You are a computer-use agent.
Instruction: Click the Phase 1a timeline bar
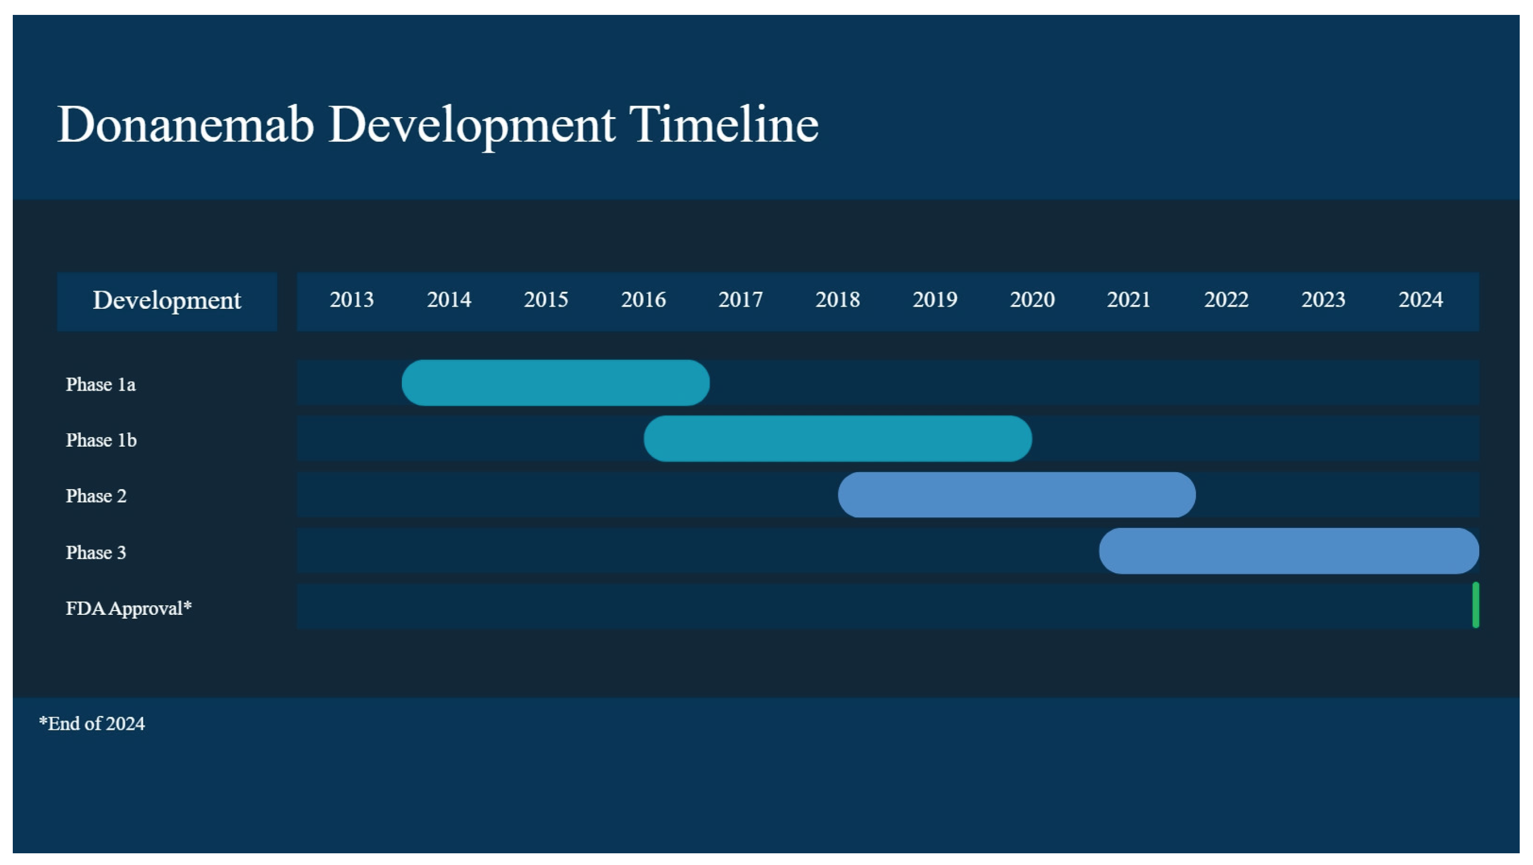point(555,382)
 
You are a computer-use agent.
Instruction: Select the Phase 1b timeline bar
point(837,438)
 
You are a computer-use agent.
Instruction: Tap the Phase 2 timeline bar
point(1017,494)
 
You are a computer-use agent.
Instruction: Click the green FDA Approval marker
point(1476,605)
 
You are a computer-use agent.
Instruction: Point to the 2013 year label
point(351,300)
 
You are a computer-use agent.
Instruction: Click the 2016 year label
point(644,300)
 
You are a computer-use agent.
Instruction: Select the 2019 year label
point(935,300)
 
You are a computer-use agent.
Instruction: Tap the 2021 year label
point(1128,300)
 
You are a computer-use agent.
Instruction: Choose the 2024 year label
point(1421,300)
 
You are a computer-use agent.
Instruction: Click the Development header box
point(167,301)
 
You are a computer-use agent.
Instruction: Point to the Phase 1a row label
point(101,384)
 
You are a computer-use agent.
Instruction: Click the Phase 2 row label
point(96,496)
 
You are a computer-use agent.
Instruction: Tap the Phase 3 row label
point(96,553)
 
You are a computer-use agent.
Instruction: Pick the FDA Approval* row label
point(128,608)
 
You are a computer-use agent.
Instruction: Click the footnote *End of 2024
point(92,723)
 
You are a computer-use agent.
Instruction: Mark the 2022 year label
point(1226,300)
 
